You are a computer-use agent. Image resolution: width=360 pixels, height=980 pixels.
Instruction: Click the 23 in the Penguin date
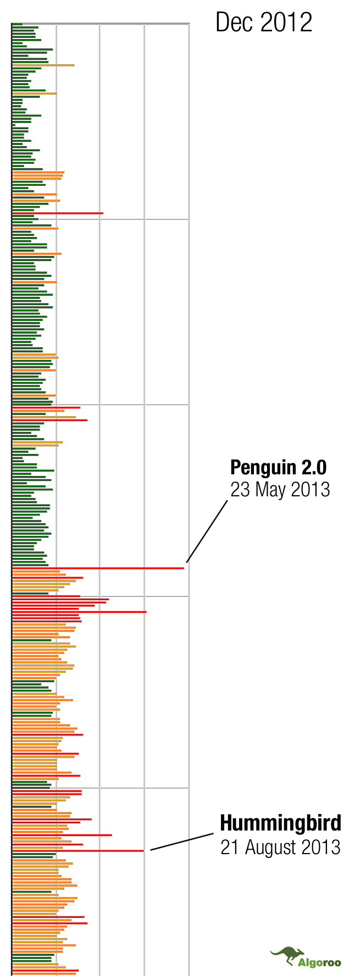point(240,489)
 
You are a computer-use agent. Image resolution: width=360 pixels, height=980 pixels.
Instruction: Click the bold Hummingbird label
point(281,823)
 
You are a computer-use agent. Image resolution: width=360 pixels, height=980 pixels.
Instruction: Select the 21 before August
point(230,847)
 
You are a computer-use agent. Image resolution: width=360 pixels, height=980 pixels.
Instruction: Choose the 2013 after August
point(320,847)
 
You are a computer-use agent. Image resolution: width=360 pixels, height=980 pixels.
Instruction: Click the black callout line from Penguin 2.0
point(207,531)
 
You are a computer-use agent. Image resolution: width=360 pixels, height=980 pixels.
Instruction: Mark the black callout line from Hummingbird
point(182,841)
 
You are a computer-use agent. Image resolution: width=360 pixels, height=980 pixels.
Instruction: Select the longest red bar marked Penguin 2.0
point(98,568)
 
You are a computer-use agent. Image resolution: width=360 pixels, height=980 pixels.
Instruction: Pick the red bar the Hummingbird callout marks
point(78,851)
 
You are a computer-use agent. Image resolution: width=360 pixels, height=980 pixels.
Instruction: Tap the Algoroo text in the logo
point(319,962)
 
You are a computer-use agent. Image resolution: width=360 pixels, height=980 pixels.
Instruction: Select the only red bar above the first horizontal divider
point(58,213)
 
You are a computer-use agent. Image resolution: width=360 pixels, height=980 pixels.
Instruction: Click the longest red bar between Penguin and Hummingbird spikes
point(79,612)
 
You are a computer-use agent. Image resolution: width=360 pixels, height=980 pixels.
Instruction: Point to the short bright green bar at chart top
point(17,24)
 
